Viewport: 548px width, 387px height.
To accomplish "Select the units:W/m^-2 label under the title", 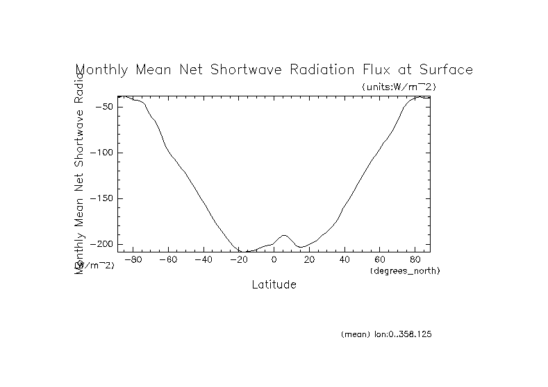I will [x=399, y=87].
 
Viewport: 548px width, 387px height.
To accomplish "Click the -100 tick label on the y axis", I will [x=102, y=153].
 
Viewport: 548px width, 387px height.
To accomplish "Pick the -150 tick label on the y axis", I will [x=102, y=198].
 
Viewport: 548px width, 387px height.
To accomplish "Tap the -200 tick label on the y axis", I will [x=102, y=244].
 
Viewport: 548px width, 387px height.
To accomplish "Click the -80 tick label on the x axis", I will [x=133, y=260].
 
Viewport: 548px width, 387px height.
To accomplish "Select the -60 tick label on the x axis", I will [x=167, y=260].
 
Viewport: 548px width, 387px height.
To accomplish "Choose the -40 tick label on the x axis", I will [x=203, y=260].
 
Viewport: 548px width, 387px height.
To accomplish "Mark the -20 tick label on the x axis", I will [x=238, y=260].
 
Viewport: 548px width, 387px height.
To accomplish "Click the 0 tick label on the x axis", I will [x=274, y=260].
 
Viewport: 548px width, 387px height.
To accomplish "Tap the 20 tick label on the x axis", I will [x=309, y=260].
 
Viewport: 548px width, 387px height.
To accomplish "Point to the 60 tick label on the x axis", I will [x=380, y=260].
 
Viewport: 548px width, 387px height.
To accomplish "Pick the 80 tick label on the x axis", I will [x=415, y=260].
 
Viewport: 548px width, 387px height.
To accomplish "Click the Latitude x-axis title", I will [x=274, y=285].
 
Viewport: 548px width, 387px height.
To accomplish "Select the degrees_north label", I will [x=405, y=270].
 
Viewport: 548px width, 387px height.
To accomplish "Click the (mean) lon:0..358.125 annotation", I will [x=386, y=334].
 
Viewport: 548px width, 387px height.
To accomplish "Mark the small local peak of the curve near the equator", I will [x=284, y=235].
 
